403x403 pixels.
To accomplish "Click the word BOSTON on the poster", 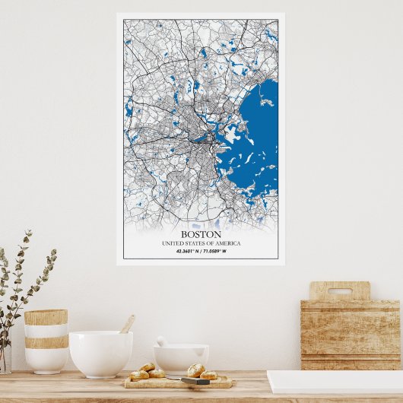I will point(201,234).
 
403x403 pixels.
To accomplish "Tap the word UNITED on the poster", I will point(173,243).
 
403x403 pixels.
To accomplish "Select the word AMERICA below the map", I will point(227,243).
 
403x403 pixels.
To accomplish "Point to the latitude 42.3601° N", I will point(187,251).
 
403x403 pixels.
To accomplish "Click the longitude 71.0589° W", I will point(215,251).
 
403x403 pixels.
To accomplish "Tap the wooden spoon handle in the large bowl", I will point(128,324).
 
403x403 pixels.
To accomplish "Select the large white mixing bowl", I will point(100,353).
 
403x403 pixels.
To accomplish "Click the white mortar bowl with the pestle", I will point(181,357).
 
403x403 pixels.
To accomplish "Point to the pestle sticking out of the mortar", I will point(161,341).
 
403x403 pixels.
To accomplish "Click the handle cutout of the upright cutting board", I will point(339,290).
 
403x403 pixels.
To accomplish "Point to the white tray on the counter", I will point(335,381).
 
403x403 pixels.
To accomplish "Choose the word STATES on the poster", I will point(200,243).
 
